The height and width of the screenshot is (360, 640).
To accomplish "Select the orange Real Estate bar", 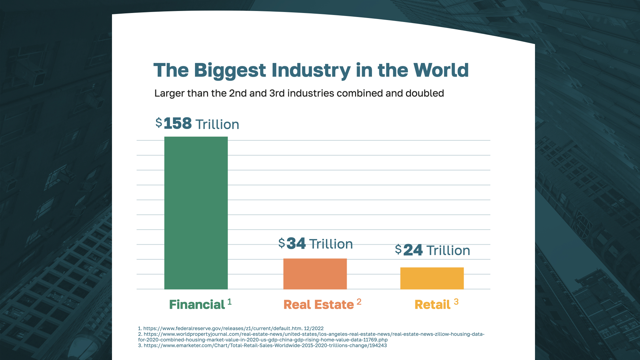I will [x=315, y=274].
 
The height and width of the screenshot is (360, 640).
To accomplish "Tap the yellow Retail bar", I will [x=432, y=278].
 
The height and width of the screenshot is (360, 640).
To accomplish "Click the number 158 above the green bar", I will [x=178, y=124].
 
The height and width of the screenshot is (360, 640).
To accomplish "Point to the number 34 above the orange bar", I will [x=296, y=244].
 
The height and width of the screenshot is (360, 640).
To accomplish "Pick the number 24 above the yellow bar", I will [x=413, y=250].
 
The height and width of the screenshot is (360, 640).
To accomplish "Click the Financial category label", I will [x=197, y=305].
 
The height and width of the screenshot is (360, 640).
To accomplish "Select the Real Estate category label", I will [x=318, y=305].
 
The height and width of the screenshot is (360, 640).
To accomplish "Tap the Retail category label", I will [x=432, y=305].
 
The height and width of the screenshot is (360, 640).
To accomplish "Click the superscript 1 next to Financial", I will [x=229, y=302].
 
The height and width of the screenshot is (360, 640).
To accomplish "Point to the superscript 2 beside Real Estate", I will [x=359, y=302].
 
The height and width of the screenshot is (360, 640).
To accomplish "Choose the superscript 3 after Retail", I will [x=456, y=302].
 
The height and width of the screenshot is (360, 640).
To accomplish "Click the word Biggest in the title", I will [x=230, y=70].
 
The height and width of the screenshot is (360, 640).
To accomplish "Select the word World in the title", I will [x=441, y=70].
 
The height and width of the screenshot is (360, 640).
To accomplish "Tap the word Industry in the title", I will [x=311, y=70].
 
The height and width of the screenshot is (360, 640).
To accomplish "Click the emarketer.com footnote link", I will [x=265, y=345].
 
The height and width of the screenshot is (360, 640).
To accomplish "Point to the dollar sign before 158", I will [x=159, y=122].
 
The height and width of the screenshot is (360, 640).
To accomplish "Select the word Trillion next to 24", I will [x=448, y=251].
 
